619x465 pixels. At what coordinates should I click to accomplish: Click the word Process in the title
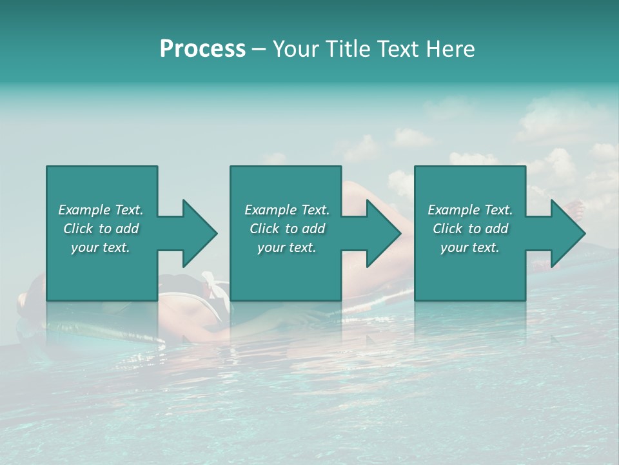(x=202, y=49)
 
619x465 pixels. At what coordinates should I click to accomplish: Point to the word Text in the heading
(x=398, y=49)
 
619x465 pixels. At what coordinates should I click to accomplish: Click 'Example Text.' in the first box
(x=101, y=210)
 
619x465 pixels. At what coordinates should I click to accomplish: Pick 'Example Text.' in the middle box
(x=287, y=210)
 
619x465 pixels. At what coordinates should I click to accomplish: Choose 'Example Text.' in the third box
(x=470, y=210)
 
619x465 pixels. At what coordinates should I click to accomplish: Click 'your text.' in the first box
(x=101, y=247)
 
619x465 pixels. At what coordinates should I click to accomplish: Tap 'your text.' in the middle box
(x=287, y=247)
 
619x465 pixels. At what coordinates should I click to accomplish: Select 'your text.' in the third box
(x=470, y=247)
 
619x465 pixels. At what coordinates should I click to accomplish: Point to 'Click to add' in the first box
(x=101, y=229)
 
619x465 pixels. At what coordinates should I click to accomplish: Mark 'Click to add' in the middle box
(x=287, y=229)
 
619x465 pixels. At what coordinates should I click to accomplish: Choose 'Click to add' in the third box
(x=470, y=229)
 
